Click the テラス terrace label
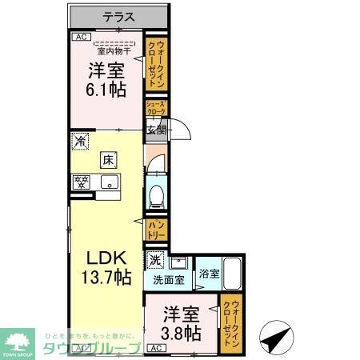(x=118, y=17)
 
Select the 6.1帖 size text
(x=106, y=90)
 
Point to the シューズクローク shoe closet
(x=155, y=109)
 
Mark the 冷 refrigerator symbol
(x=80, y=141)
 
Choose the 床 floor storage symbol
(x=107, y=159)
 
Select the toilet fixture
(x=157, y=194)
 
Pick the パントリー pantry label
(x=156, y=230)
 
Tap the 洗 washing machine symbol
(x=155, y=259)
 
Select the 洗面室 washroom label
(x=169, y=280)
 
